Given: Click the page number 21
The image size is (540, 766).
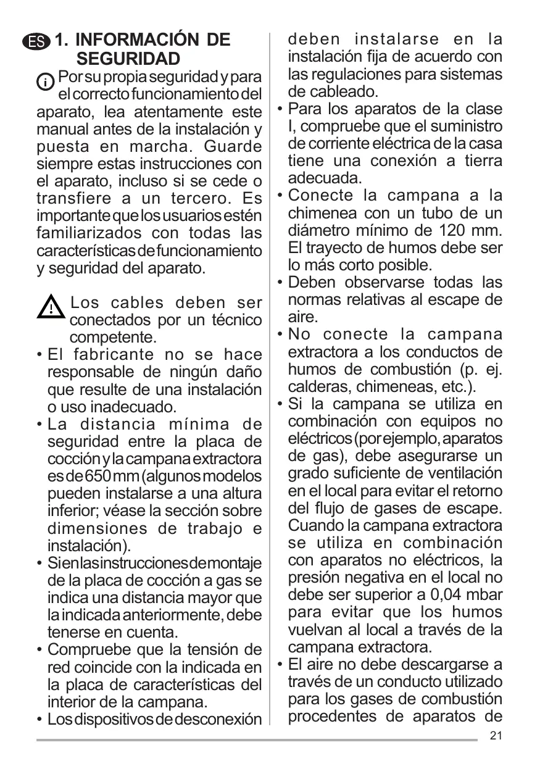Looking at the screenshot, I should pos(496,735).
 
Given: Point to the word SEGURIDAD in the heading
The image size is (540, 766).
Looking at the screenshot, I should pos(128,59).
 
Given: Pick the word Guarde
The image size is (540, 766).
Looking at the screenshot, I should pos(232,147).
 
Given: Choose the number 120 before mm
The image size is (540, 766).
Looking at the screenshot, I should pos(455,231).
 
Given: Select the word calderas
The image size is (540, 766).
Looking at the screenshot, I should pos(317,386).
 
